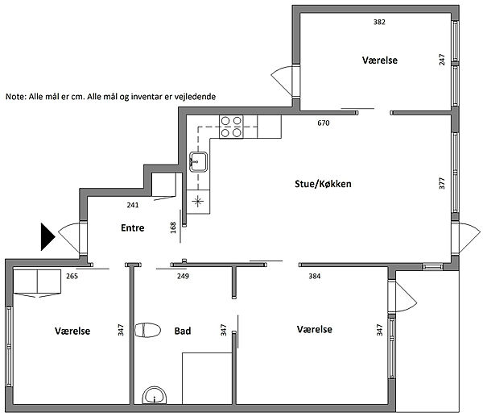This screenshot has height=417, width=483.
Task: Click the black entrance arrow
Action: tap(47, 237)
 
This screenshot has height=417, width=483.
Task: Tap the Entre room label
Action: tap(133, 227)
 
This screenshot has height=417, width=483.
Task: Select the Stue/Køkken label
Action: tap(323, 184)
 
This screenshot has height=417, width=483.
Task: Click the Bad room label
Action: tap(183, 331)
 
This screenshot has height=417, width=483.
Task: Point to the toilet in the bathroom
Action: tap(147, 330)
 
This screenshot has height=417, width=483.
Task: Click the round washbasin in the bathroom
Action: tap(154, 395)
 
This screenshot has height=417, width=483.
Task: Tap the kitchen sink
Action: tap(198, 161)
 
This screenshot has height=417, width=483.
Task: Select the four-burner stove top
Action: tap(231, 127)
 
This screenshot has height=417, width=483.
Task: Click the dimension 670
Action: tap(324, 123)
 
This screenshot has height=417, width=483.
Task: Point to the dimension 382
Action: tap(379, 22)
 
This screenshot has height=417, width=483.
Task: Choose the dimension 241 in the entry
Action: tap(133, 205)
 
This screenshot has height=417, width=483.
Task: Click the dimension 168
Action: tap(173, 227)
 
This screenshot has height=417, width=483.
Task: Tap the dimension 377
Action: tap(442, 183)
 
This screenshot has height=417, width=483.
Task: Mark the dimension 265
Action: tap(72, 276)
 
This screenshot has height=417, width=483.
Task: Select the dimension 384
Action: tap(315, 276)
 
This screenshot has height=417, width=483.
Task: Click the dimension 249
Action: tap(183, 276)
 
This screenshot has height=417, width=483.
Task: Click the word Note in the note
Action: tap(15, 97)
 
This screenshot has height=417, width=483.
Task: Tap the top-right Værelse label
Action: tap(380, 60)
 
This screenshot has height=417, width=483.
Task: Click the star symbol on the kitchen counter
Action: tap(198, 202)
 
